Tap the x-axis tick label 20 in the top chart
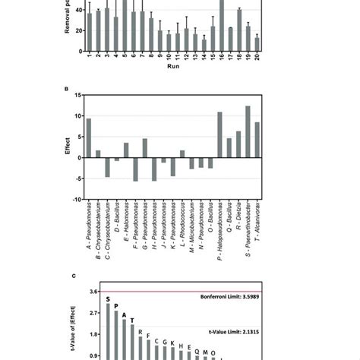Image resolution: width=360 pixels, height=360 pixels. [x=257, y=56]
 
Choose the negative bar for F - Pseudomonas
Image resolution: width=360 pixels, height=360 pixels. [x=135, y=169]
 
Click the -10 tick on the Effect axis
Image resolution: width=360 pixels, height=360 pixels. [x=77, y=200]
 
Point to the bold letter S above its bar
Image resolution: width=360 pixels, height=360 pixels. [x=107, y=299]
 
